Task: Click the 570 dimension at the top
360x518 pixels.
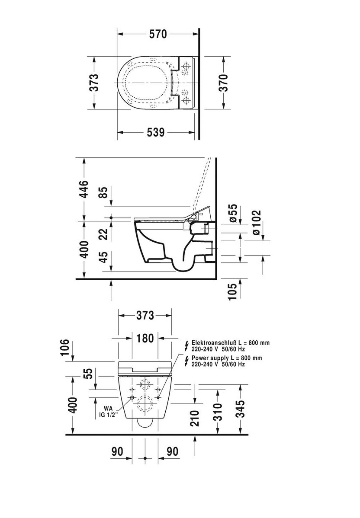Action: click(x=157, y=34)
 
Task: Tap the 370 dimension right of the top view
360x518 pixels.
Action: click(x=223, y=83)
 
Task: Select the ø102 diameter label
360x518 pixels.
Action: click(x=256, y=223)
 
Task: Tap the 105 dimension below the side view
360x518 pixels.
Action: click(x=233, y=291)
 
